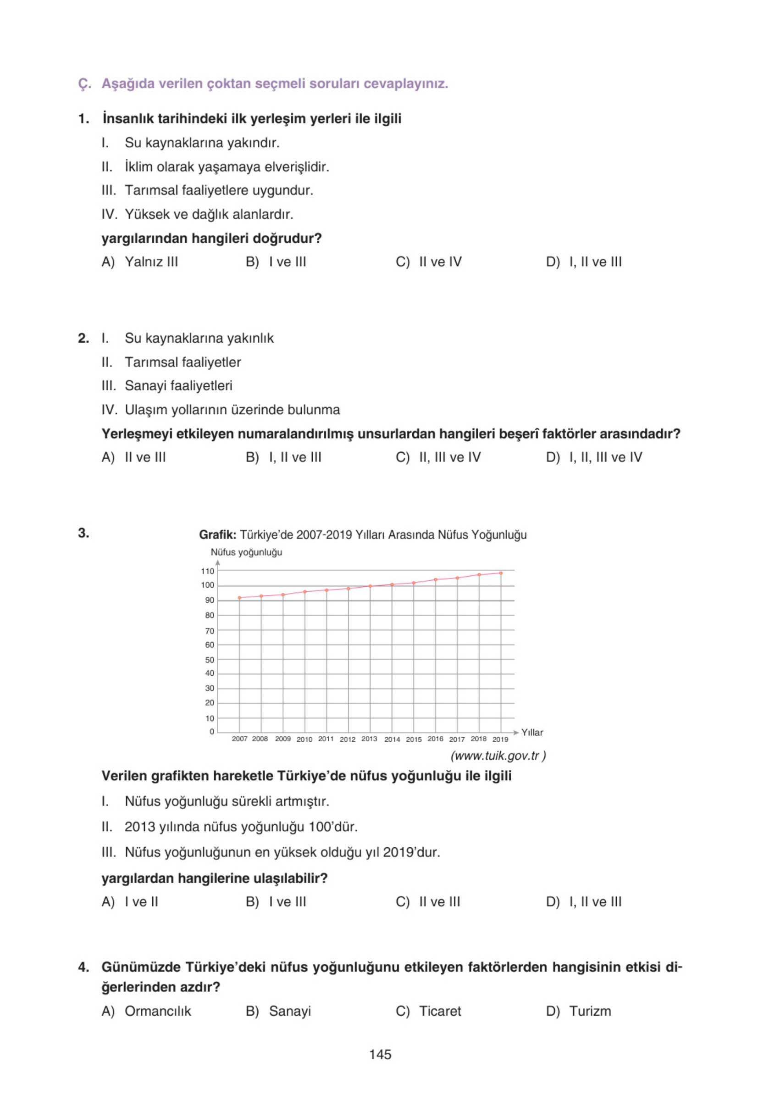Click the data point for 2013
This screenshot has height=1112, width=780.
[x=370, y=586]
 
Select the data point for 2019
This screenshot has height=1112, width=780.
[x=501, y=573]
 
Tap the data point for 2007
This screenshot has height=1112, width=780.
[x=240, y=598]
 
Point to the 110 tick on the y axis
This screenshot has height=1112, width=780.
[x=207, y=571]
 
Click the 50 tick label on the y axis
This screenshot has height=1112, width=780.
[x=209, y=660]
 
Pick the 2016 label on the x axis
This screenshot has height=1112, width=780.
[x=435, y=739]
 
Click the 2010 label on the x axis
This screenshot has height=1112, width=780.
[x=304, y=739]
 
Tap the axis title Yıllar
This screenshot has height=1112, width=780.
[x=531, y=732]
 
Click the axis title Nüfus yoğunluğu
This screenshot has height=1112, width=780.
[x=246, y=552]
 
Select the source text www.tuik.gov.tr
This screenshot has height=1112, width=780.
[x=498, y=756]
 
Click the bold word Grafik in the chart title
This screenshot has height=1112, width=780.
[x=217, y=535]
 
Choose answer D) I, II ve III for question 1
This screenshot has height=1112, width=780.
[x=583, y=262]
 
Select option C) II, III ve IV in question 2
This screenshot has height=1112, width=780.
[x=438, y=457]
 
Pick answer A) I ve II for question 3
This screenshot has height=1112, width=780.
[x=130, y=902]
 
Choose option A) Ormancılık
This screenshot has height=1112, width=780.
[x=146, y=1011]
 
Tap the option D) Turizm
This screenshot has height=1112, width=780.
[x=579, y=1011]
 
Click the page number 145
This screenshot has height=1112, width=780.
[x=380, y=1054]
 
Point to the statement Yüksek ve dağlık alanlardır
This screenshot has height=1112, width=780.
[x=209, y=214]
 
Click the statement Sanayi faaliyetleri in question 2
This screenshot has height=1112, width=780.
[x=178, y=385]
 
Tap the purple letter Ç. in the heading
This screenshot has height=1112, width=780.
[x=84, y=84]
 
